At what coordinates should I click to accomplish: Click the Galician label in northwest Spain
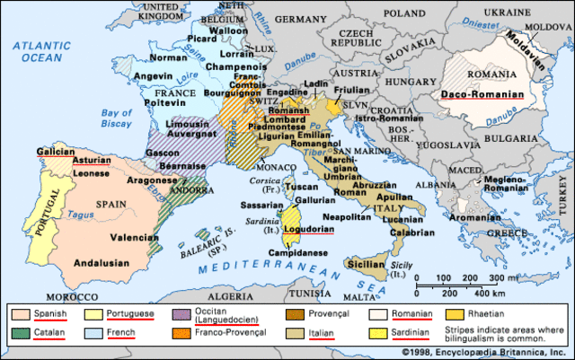pos(55,152)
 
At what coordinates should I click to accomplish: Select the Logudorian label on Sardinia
pos(309,229)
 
